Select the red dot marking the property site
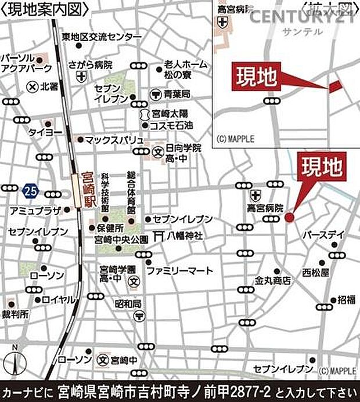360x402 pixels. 290,217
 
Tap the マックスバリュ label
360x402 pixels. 114,140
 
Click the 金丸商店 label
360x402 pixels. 272,280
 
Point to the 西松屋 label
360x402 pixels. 315,271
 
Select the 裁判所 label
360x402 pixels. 16,314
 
